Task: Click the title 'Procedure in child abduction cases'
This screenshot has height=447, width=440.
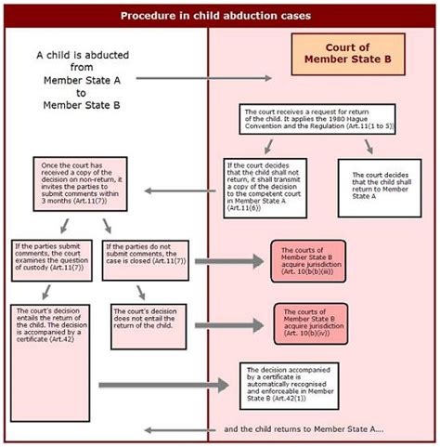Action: (x=219, y=16)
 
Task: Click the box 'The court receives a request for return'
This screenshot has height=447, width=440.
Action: (x=317, y=118)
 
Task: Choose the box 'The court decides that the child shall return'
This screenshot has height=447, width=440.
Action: (x=372, y=186)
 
